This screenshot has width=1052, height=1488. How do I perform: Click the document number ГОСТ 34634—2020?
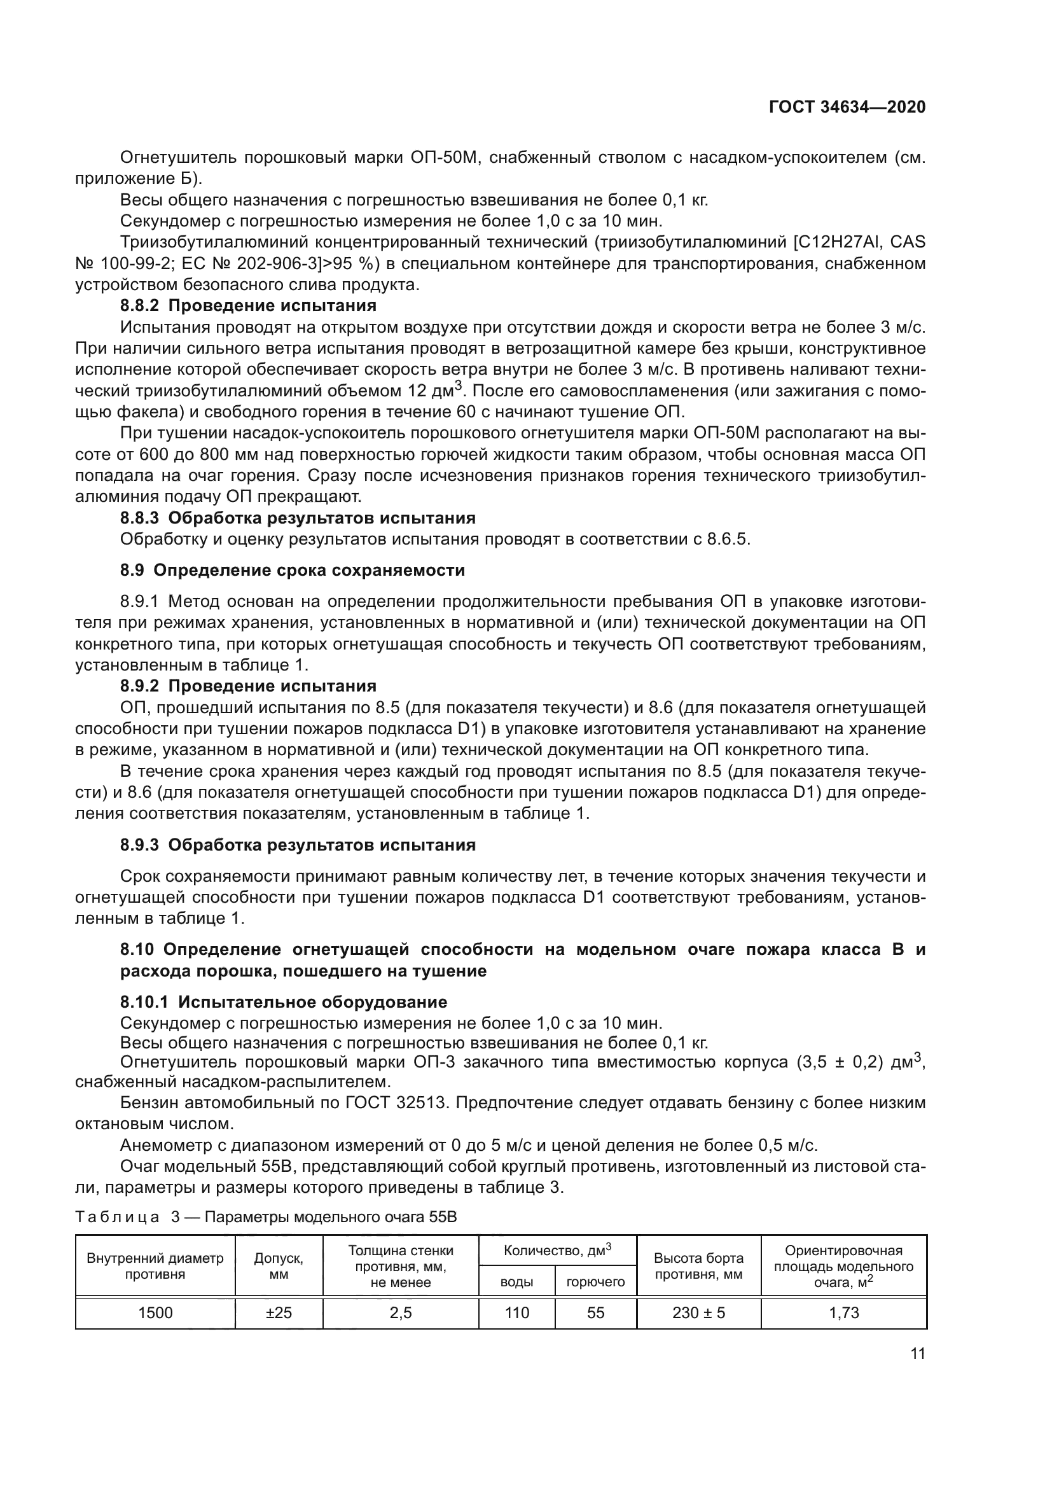[847, 107]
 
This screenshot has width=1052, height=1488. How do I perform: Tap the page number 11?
[917, 1353]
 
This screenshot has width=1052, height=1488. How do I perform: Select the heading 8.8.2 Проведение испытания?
[248, 305]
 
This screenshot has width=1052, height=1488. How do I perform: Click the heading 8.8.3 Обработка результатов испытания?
[298, 518]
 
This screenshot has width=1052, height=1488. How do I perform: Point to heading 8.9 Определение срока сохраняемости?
[292, 570]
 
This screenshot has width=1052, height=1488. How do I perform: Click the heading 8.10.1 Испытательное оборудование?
[284, 1002]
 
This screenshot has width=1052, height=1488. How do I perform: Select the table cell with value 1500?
[155, 1312]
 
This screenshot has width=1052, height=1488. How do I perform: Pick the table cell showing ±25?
[279, 1312]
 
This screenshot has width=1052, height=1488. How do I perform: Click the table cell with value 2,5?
[400, 1312]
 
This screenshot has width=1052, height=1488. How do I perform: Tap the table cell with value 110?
[516, 1312]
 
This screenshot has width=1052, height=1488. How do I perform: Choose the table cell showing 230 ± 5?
[698, 1312]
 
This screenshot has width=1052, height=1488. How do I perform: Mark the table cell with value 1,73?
[843, 1312]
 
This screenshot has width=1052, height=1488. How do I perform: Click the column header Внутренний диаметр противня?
[155, 1266]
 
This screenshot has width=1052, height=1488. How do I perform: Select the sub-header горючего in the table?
[595, 1281]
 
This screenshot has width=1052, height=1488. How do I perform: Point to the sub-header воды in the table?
[516, 1281]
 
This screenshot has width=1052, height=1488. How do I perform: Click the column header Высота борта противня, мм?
[698, 1266]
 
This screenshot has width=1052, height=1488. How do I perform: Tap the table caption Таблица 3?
[118, 1216]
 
